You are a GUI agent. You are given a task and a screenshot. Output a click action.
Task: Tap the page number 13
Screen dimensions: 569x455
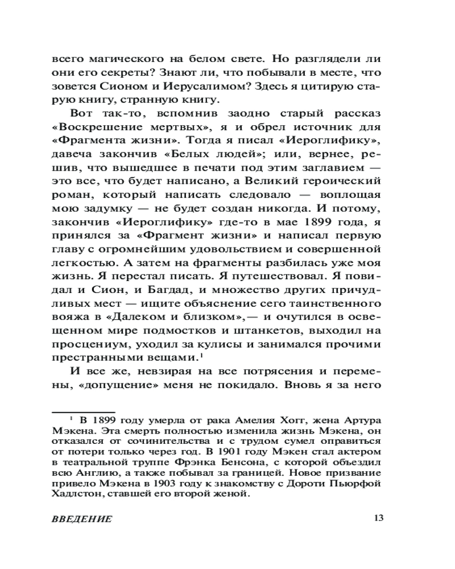[379, 518]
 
